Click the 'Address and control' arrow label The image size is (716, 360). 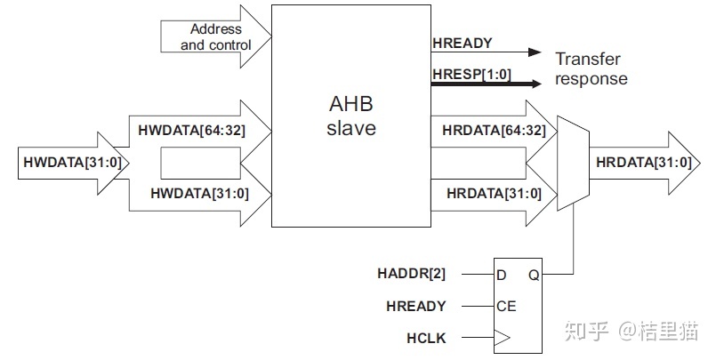[216, 36]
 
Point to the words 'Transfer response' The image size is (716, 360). [591, 69]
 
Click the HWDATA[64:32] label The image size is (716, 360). [192, 130]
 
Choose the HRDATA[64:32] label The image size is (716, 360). [494, 130]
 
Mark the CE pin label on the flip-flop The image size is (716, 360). [507, 307]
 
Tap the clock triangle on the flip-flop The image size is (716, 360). [503, 339]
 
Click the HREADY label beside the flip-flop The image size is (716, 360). [415, 307]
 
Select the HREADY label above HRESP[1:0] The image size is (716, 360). [462, 43]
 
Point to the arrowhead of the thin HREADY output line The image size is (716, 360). [534, 52]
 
